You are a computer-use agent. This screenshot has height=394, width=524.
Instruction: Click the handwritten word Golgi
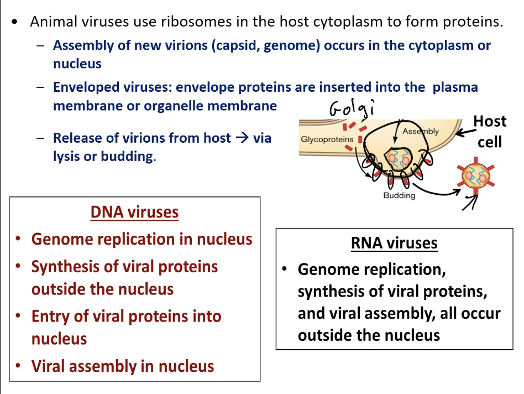pyautogui.click(x=351, y=108)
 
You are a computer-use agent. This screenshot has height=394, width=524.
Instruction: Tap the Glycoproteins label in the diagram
pyautogui.click(x=327, y=139)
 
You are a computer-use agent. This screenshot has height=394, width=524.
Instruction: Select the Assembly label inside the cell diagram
pyautogui.click(x=420, y=132)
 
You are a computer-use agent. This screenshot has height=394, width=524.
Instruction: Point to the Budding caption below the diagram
pyautogui.click(x=399, y=196)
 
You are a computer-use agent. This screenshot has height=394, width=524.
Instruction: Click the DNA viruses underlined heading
pyautogui.click(x=134, y=212)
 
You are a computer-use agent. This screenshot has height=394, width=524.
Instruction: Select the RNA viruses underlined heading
pyautogui.click(x=394, y=243)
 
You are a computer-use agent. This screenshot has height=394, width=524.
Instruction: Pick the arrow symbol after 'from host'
pyautogui.click(x=242, y=138)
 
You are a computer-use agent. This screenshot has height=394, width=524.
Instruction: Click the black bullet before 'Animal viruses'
pyautogui.click(x=15, y=23)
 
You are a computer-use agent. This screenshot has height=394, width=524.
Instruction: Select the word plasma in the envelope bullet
pyautogui.click(x=455, y=87)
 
